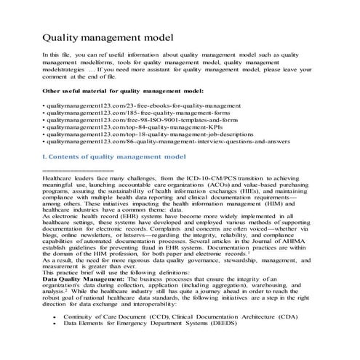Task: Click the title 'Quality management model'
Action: pos(108,36)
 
